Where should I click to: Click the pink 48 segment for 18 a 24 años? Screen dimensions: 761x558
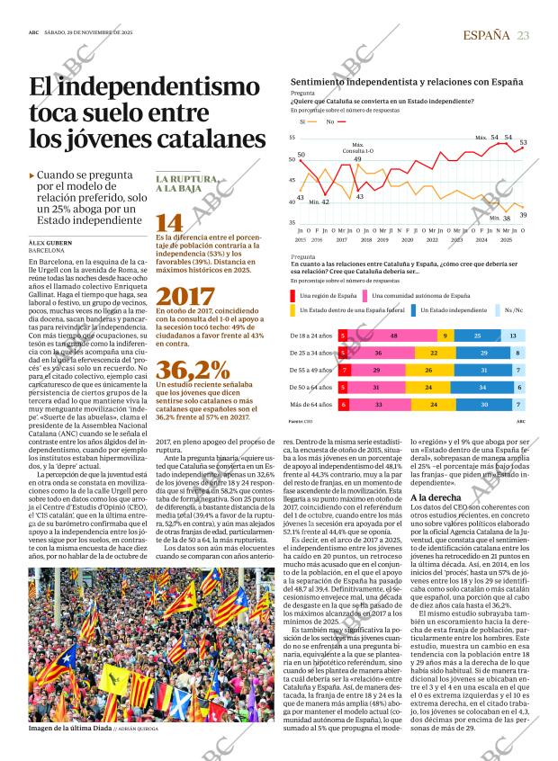[394, 335]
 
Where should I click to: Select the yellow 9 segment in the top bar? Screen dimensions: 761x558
[445, 335]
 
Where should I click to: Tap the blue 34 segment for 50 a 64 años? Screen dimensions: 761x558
[482, 388]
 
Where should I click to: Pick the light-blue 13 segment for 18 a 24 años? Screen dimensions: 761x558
[513, 335]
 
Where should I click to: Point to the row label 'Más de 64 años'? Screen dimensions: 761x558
[310, 405]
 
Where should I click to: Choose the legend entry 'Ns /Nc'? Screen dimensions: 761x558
[512, 309]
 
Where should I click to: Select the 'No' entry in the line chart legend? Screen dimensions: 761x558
[330, 121]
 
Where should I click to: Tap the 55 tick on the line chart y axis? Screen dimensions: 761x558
[292, 137]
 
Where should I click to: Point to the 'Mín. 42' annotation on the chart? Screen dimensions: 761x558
[319, 202]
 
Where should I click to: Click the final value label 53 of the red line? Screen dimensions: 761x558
[523, 143]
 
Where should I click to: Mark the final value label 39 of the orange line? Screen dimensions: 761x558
[523, 214]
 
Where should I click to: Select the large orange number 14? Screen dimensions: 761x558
[168, 223]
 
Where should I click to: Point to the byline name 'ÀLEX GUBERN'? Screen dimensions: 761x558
[49, 243]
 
